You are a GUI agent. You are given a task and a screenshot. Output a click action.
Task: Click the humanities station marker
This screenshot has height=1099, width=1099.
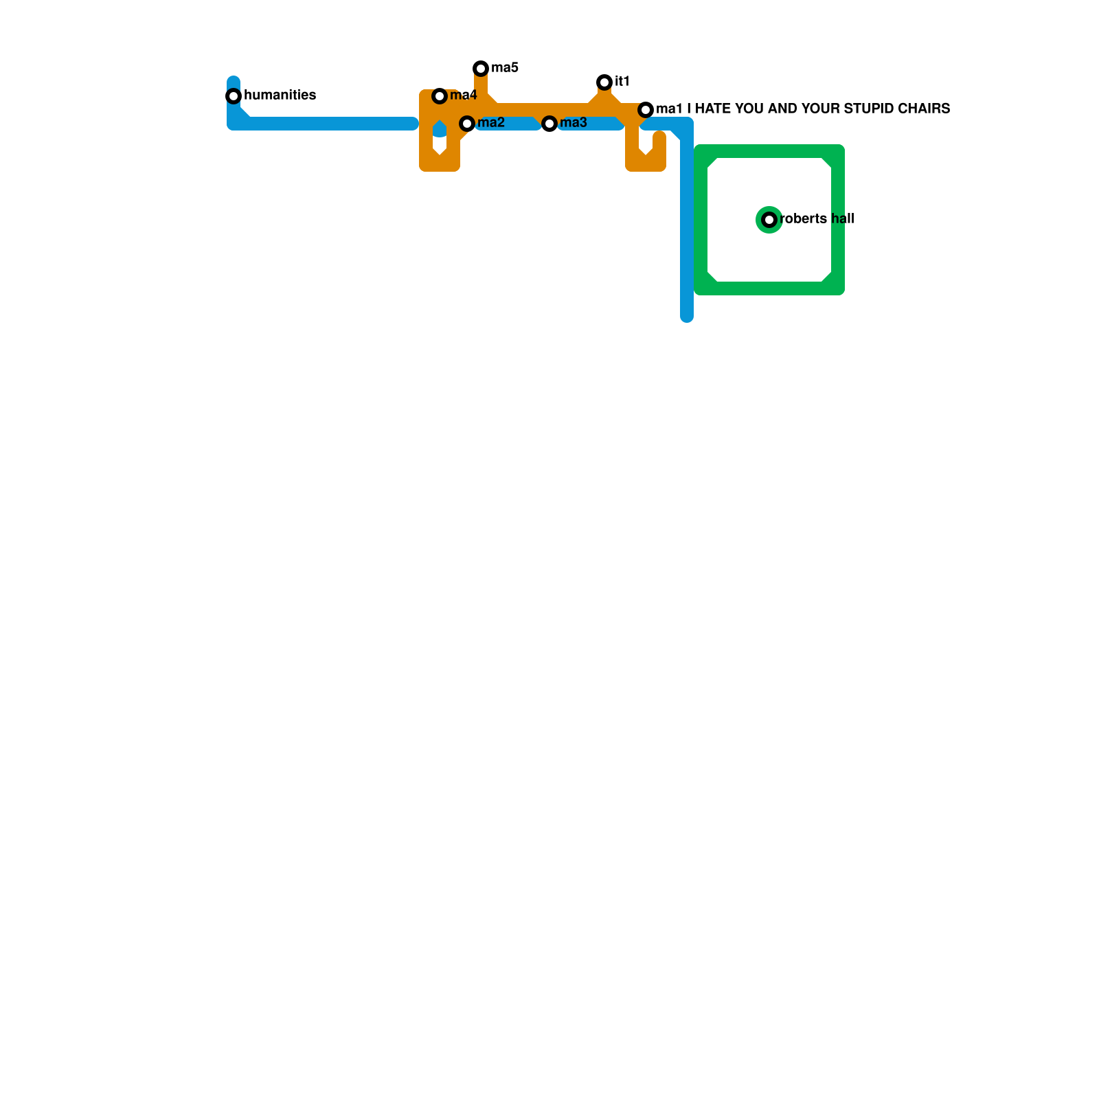click(x=234, y=96)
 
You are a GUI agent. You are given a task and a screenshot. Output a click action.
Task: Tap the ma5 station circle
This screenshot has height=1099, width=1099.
click(x=481, y=69)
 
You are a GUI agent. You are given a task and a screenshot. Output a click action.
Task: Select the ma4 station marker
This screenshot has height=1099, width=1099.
click(x=440, y=96)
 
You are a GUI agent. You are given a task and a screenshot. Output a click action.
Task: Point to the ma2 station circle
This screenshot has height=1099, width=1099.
click(x=467, y=124)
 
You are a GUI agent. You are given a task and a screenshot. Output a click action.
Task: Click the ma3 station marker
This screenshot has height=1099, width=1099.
click(x=549, y=124)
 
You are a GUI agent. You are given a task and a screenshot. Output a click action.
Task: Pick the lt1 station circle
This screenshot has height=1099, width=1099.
click(x=604, y=82)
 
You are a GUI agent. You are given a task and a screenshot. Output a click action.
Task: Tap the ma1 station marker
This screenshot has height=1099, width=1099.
click(x=646, y=110)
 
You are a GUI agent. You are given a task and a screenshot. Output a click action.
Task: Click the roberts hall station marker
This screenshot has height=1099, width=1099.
click(x=769, y=220)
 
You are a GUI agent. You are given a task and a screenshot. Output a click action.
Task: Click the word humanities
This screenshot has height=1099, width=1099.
click(x=280, y=95)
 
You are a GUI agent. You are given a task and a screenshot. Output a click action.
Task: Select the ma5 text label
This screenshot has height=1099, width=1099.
click(x=505, y=68)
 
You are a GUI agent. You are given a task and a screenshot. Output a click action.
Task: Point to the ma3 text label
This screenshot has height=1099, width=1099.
click(x=574, y=123)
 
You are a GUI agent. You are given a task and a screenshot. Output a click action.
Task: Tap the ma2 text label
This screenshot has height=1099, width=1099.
click(x=491, y=123)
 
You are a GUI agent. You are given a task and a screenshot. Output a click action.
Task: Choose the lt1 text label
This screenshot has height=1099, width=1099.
click(x=622, y=82)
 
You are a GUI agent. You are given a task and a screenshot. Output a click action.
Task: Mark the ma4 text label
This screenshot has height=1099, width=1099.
click(x=464, y=95)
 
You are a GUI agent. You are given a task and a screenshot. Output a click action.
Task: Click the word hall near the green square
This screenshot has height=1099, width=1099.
click(x=843, y=219)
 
